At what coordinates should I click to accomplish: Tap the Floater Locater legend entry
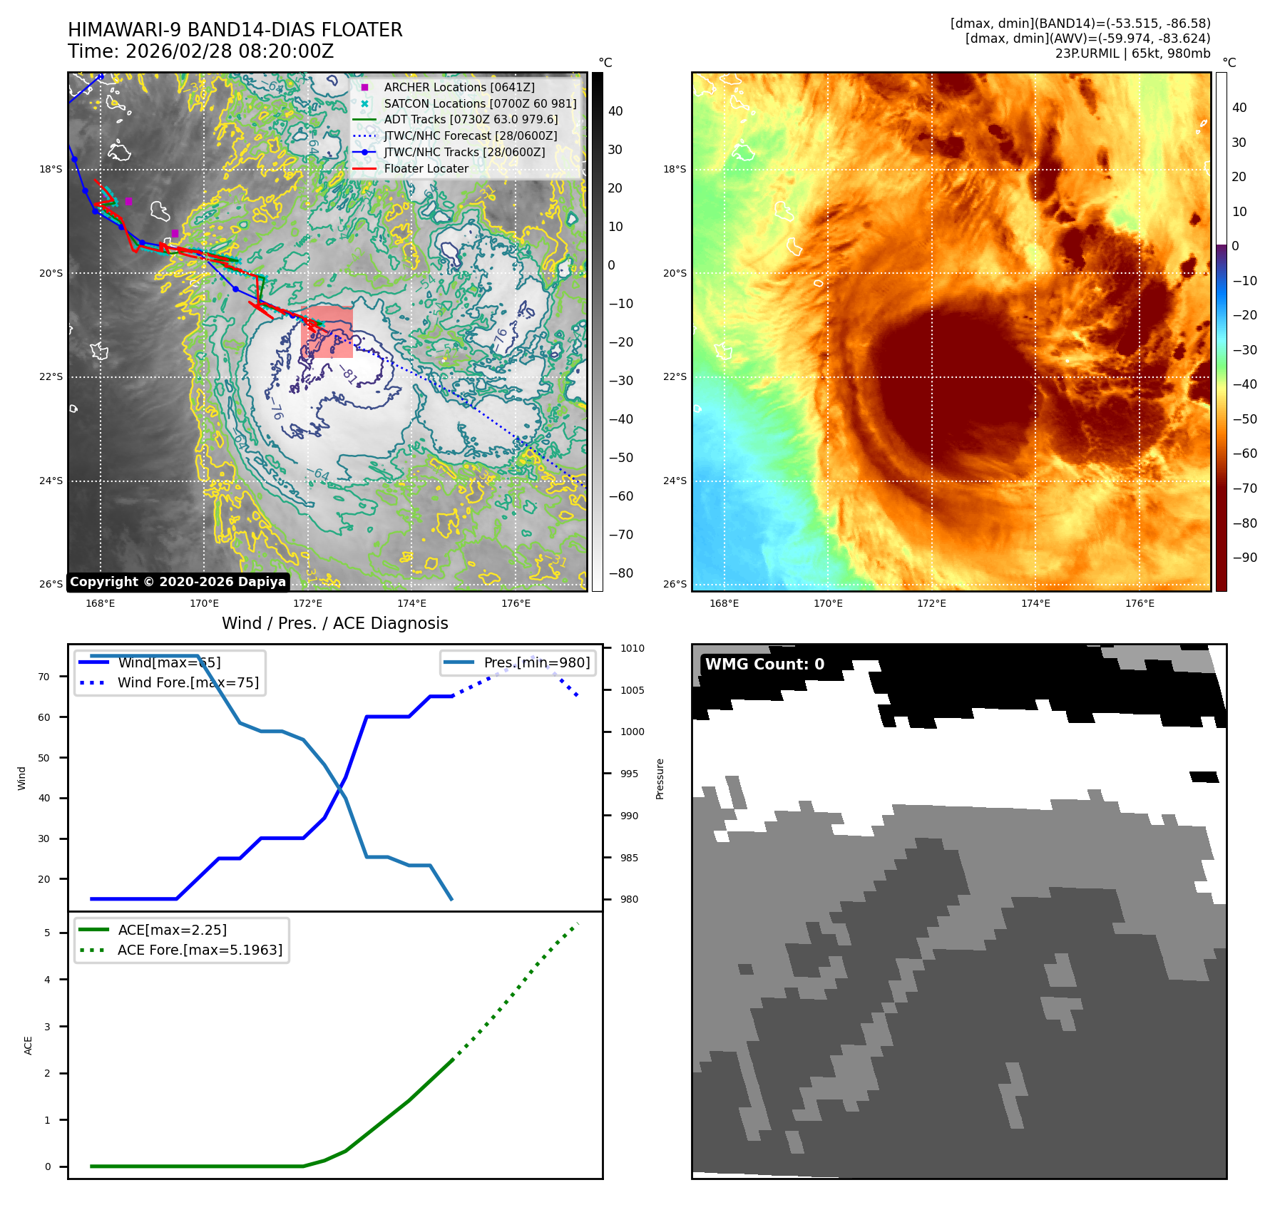click(x=426, y=169)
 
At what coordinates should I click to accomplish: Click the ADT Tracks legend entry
click(x=470, y=120)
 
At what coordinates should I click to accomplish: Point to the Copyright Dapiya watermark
click(x=178, y=582)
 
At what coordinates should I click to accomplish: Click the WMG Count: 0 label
click(x=764, y=665)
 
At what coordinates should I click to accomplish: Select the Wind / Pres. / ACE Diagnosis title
click(x=334, y=623)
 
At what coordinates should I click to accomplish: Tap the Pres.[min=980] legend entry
click(x=536, y=662)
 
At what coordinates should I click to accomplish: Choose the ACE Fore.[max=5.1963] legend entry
click(x=200, y=950)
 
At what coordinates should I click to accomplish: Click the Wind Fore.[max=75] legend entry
click(x=188, y=682)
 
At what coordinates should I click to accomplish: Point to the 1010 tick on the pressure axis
click(x=632, y=648)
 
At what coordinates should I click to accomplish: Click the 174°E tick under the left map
click(x=411, y=603)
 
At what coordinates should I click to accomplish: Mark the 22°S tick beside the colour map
click(x=675, y=376)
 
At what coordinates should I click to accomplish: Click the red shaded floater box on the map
click(x=327, y=332)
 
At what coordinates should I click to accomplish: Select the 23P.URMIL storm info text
click(x=1132, y=53)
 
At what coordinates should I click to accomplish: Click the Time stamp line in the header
click(x=200, y=51)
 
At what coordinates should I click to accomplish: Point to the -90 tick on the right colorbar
click(x=1245, y=558)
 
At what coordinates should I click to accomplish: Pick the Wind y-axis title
click(x=21, y=778)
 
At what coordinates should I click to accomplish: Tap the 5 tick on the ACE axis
click(x=48, y=933)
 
